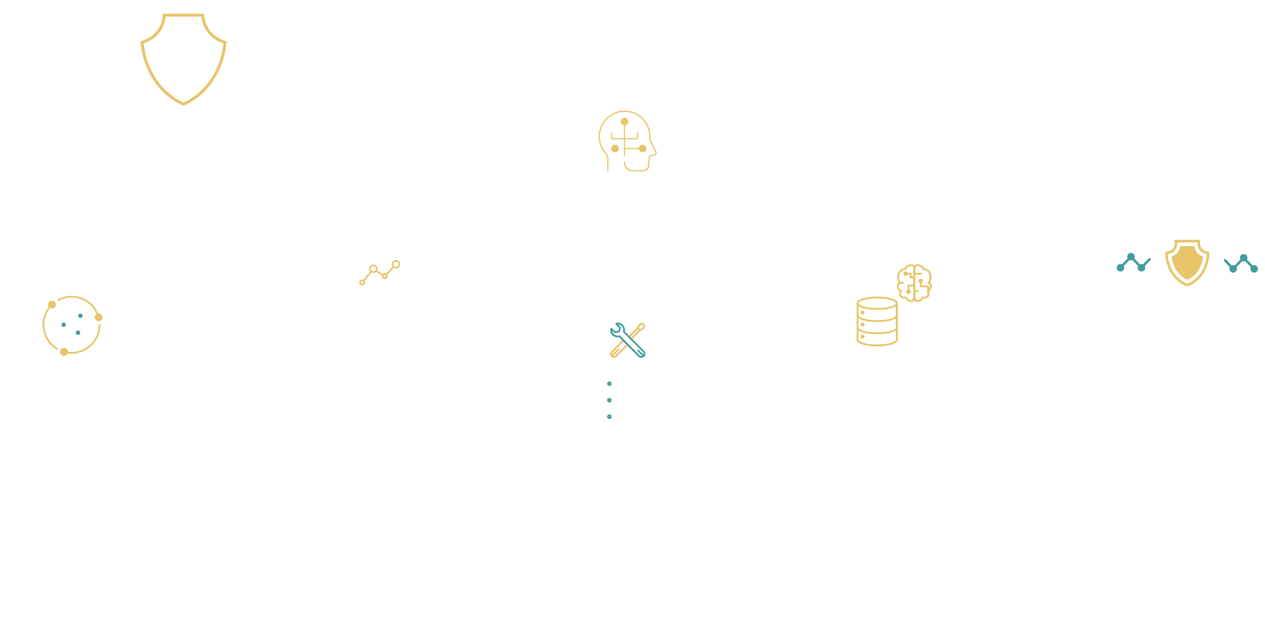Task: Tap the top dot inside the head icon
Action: pyautogui.click(x=624, y=122)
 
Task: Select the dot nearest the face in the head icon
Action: pyautogui.click(x=642, y=149)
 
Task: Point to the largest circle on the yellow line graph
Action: pyautogui.click(x=396, y=264)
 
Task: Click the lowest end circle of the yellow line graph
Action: pyautogui.click(x=362, y=283)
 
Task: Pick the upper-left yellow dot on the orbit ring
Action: pyautogui.click(x=52, y=305)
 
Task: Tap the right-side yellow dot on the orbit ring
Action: pyautogui.click(x=98, y=317)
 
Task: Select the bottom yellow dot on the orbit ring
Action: pyautogui.click(x=64, y=352)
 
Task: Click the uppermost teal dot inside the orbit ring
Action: pyautogui.click(x=80, y=316)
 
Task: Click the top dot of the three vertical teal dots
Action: pyautogui.click(x=609, y=384)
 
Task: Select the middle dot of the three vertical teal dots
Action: pyautogui.click(x=609, y=400)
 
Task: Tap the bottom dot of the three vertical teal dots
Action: pyautogui.click(x=609, y=416)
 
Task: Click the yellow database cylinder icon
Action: pyautogui.click(x=877, y=321)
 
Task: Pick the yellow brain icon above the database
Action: pyautogui.click(x=914, y=283)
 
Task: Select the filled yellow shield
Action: pyautogui.click(x=1187, y=262)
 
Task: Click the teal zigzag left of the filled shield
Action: pyautogui.click(x=1133, y=263)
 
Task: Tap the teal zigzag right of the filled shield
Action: pyautogui.click(x=1241, y=263)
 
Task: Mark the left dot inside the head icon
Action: pyautogui.click(x=615, y=149)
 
